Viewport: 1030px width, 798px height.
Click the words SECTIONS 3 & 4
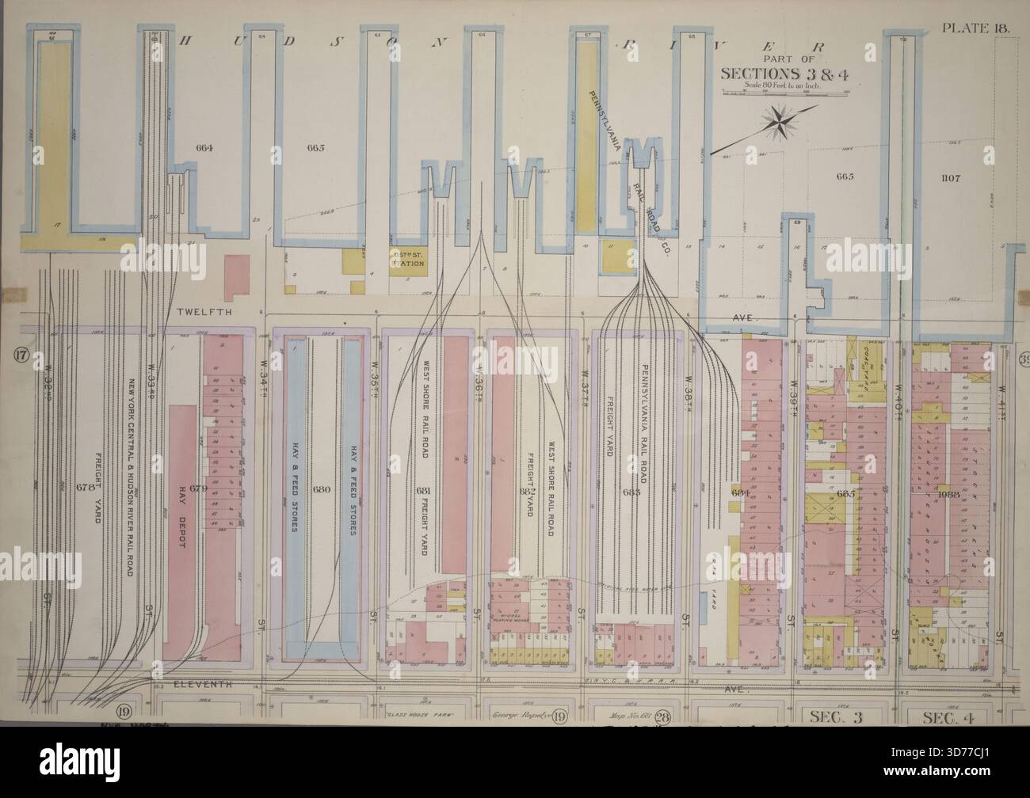click(x=769, y=73)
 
